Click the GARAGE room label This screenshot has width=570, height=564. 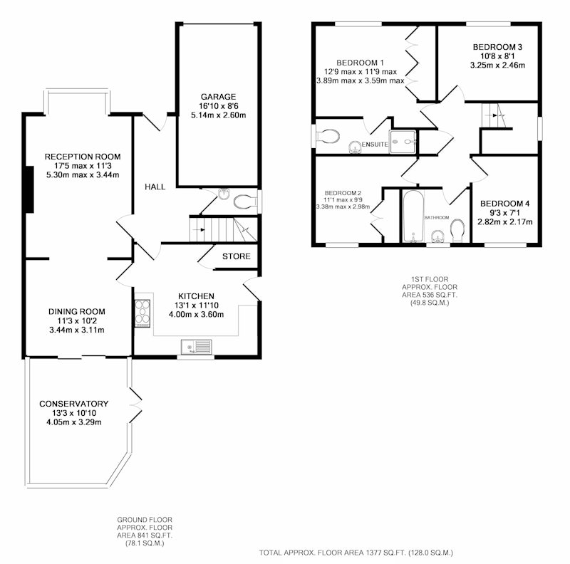coord(218,97)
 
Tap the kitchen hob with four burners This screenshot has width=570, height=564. coord(142,313)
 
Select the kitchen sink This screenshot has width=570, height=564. coord(197,347)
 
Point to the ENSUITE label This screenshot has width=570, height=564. coord(375,145)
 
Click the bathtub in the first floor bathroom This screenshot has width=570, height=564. coord(413,215)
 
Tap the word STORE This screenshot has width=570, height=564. coord(237,256)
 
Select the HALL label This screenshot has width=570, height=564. coord(155,187)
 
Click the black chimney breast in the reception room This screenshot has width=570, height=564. coord(29,189)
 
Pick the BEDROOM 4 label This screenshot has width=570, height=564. coord(504,204)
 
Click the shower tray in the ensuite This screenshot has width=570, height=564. coord(403,142)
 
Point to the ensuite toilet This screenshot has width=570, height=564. coord(328,136)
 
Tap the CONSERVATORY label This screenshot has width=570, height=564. coord(74,404)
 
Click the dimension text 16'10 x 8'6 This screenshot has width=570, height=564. coord(218,106)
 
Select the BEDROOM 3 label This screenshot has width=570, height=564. coord(497,47)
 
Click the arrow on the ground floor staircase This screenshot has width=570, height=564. coord(199,230)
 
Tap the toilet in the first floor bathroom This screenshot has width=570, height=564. coord(457,231)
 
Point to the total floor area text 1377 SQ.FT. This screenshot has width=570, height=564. coord(385,553)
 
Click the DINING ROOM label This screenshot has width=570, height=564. coord(77,311)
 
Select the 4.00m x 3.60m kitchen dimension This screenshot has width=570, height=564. coord(197,314)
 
